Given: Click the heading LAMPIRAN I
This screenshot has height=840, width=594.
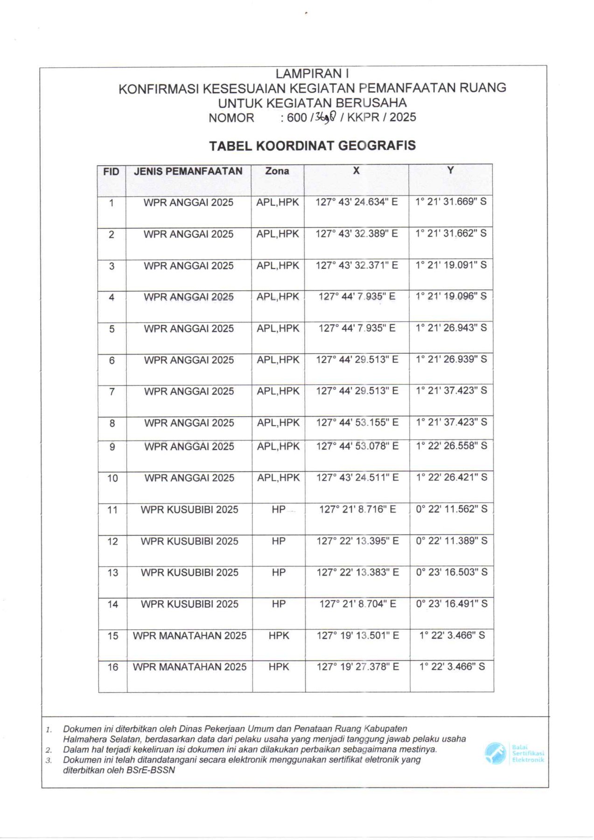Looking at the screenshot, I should (x=312, y=74).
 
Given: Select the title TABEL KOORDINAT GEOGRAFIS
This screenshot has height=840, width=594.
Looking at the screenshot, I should (x=312, y=146).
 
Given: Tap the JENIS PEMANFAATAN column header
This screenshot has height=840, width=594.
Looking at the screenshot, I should (x=188, y=171).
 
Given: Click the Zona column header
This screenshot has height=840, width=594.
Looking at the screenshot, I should (x=277, y=171).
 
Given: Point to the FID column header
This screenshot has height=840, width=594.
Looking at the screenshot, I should (x=111, y=172).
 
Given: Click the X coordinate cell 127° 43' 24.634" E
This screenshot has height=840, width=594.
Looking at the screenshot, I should (x=356, y=202).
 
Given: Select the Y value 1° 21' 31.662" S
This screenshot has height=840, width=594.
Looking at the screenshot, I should (x=451, y=233).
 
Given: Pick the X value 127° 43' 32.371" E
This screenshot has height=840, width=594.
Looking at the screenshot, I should (x=356, y=265).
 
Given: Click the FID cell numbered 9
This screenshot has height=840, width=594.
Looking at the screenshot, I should (x=112, y=447).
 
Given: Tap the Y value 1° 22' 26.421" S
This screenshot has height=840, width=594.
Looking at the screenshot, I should (x=451, y=477).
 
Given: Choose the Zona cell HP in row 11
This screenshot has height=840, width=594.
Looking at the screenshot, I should (x=279, y=510).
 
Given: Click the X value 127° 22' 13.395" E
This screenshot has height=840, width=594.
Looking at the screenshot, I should (x=357, y=541).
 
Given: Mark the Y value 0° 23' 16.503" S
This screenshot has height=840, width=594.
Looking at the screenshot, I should (x=452, y=572).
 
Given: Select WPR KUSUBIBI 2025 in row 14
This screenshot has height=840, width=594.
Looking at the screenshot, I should (x=189, y=604).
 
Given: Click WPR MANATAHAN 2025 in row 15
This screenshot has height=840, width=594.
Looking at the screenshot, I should (x=189, y=636).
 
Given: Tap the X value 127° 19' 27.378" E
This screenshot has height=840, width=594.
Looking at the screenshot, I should (x=357, y=667).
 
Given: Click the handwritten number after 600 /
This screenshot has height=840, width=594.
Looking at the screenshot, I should (x=325, y=118).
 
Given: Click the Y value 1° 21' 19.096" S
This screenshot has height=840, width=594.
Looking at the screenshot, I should (x=451, y=296).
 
